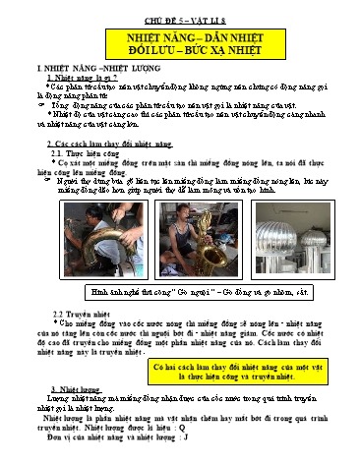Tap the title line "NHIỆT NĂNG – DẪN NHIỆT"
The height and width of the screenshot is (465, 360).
(x=179, y=36)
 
